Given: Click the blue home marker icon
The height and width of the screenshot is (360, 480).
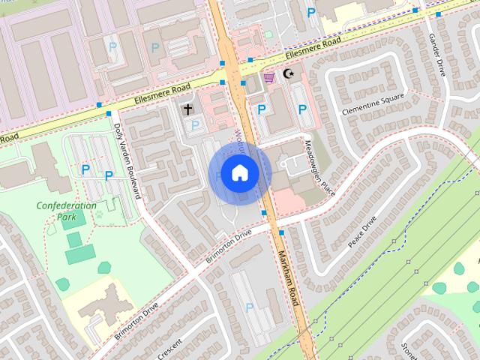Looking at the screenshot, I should tap(239, 173).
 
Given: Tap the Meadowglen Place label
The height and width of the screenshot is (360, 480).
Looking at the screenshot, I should tap(318, 167).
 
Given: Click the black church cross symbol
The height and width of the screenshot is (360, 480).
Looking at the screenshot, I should tap(188, 109).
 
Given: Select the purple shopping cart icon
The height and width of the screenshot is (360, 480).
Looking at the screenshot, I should tap(268, 77).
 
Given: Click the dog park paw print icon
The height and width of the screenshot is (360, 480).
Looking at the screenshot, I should tap(98, 214).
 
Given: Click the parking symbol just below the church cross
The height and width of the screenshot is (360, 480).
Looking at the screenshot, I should tap(195, 125).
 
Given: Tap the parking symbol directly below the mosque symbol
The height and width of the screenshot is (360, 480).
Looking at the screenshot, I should tap(302, 109).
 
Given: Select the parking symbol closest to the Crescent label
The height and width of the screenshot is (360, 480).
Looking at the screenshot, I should tap(249, 306).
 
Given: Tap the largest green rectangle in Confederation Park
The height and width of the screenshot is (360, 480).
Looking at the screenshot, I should tap(79, 255).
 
